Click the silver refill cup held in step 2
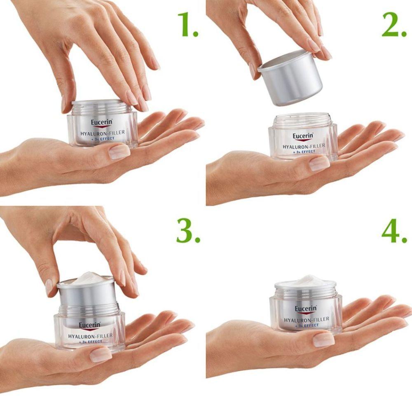coord(290,78)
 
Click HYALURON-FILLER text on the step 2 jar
coord(304,146)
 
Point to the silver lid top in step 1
coord(101,103)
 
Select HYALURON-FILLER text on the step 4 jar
coord(306,319)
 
